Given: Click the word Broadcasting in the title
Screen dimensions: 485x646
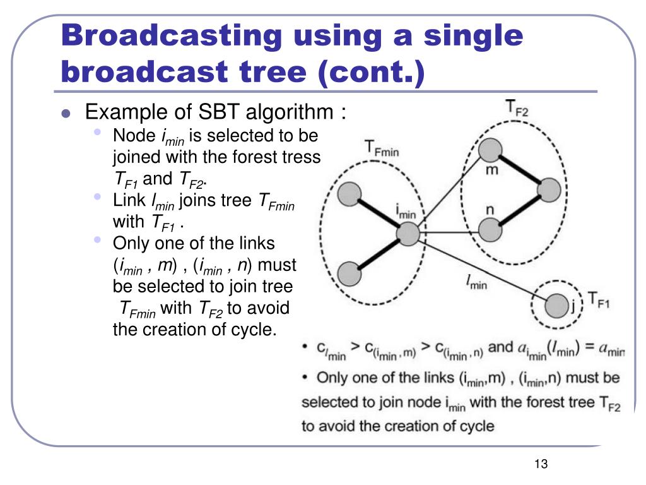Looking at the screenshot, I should pyautogui.click(x=170, y=36).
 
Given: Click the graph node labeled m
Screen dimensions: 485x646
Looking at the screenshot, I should pyautogui.click(x=490, y=150).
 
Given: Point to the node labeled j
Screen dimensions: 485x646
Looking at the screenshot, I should pyautogui.click(x=556, y=308).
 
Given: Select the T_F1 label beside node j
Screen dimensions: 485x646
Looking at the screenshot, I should pyautogui.click(x=599, y=299).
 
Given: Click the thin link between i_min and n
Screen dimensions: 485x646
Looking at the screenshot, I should pyautogui.click(x=448, y=232).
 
